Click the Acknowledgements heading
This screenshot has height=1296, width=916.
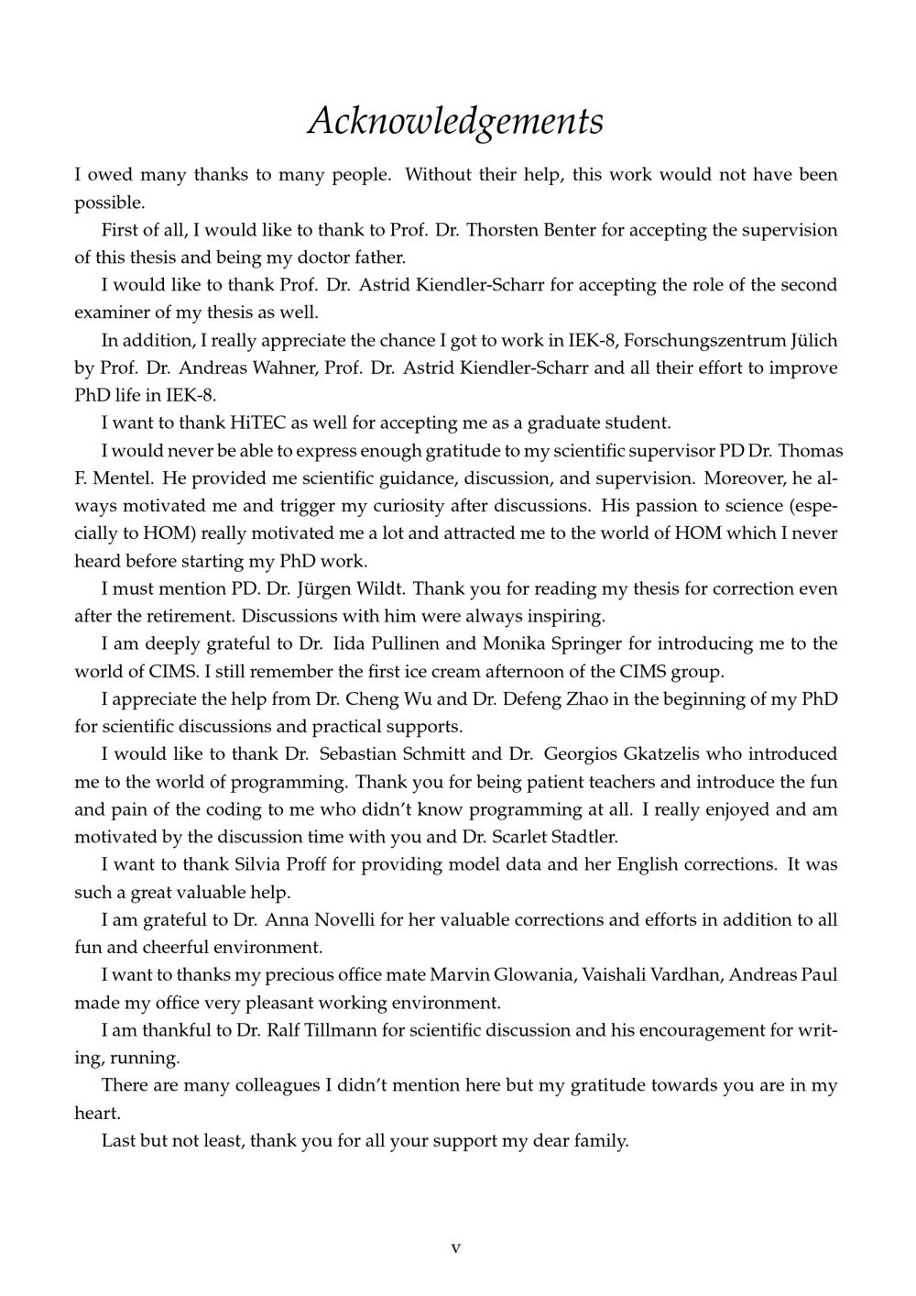(455, 121)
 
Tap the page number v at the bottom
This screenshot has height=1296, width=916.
(455, 1248)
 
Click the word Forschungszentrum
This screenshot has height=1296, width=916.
(701, 341)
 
